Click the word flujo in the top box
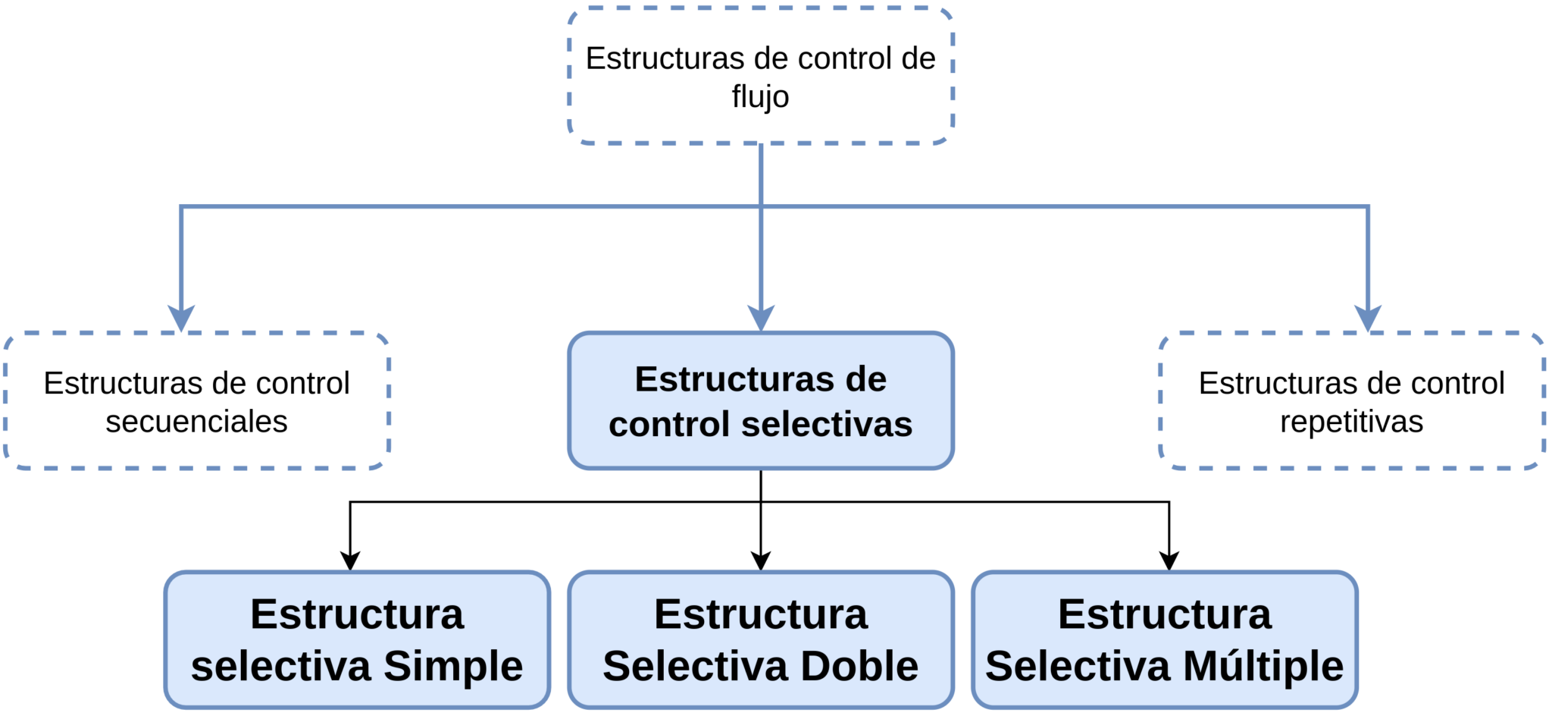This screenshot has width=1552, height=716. point(760,97)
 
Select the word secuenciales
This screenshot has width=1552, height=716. point(196,422)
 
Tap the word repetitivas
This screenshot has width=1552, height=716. point(1351,422)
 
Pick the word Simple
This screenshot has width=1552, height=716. point(452,666)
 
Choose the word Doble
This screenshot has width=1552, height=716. point(859,666)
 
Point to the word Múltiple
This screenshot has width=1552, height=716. point(1263,666)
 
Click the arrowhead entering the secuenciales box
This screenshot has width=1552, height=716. point(181,319)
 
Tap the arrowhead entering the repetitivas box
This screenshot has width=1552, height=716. point(1367,319)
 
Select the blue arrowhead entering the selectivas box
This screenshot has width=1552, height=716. point(760,319)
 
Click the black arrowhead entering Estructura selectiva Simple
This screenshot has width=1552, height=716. point(350,561)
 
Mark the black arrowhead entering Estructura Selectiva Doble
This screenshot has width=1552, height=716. point(760,561)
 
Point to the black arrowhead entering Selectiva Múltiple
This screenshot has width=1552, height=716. point(1169,561)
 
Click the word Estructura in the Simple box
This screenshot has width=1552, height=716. point(357,614)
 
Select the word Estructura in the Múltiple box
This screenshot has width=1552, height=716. point(1164,614)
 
